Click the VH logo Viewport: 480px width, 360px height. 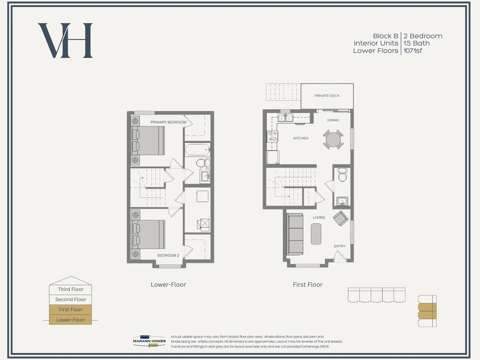[65, 40]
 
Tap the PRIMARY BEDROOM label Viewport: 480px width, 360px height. [168, 122]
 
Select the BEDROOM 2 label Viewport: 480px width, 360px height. [168, 255]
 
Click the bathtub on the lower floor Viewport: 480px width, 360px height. [197, 149]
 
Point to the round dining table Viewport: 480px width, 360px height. [333, 139]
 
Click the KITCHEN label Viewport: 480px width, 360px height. [301, 138]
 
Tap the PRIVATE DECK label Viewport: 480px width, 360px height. [327, 96]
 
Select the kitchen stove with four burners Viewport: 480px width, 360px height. [272, 136]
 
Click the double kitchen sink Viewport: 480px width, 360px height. [285, 118]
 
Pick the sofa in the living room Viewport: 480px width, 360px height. [295, 234]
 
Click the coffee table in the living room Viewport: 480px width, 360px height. [316, 234]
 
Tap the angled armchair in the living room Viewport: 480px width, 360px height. [341, 218]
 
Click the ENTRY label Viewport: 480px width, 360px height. [340, 246]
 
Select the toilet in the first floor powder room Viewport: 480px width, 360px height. [342, 175]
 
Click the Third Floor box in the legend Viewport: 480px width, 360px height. [70, 289]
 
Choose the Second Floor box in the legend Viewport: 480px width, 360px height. [70, 300]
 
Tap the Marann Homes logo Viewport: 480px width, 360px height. [149, 341]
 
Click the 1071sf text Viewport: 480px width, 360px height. [413, 51]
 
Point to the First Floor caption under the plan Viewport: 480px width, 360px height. [308, 285]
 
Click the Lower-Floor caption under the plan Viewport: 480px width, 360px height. [168, 285]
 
